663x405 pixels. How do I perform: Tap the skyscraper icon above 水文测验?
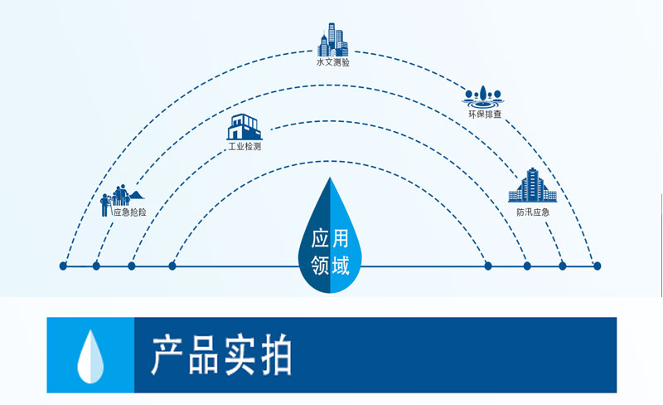tap(332, 39)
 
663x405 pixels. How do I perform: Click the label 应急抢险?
tap(130, 212)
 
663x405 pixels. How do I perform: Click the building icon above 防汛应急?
tap(530, 185)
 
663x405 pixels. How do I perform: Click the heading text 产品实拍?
tap(221, 355)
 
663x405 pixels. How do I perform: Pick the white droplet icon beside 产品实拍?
tap(90, 354)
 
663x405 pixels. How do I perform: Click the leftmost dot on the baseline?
tap(63, 266)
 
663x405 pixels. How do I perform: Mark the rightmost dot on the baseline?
tap(597, 266)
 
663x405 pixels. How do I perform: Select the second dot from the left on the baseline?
tap(96, 266)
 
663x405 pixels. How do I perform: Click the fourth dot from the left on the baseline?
tap(172, 266)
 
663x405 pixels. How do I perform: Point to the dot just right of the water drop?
tap(488, 266)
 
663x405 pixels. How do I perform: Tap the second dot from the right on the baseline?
tap(563, 266)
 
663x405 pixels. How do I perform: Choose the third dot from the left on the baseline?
tap(132, 266)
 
